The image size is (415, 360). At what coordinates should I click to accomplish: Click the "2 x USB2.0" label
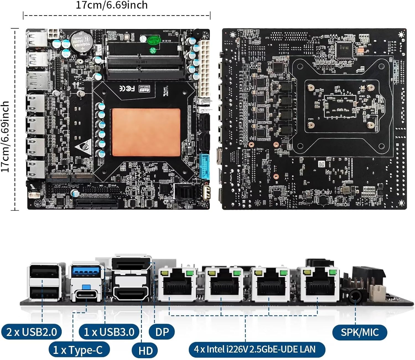tap(31, 332)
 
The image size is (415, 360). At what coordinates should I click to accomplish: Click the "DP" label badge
tap(162, 332)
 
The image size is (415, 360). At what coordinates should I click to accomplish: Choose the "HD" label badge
tap(146, 351)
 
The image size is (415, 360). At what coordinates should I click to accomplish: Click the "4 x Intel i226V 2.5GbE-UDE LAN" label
tap(255, 349)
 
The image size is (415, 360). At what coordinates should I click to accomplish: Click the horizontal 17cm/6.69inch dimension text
tap(112, 5)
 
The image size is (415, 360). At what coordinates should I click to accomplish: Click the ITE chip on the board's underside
tap(344, 49)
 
